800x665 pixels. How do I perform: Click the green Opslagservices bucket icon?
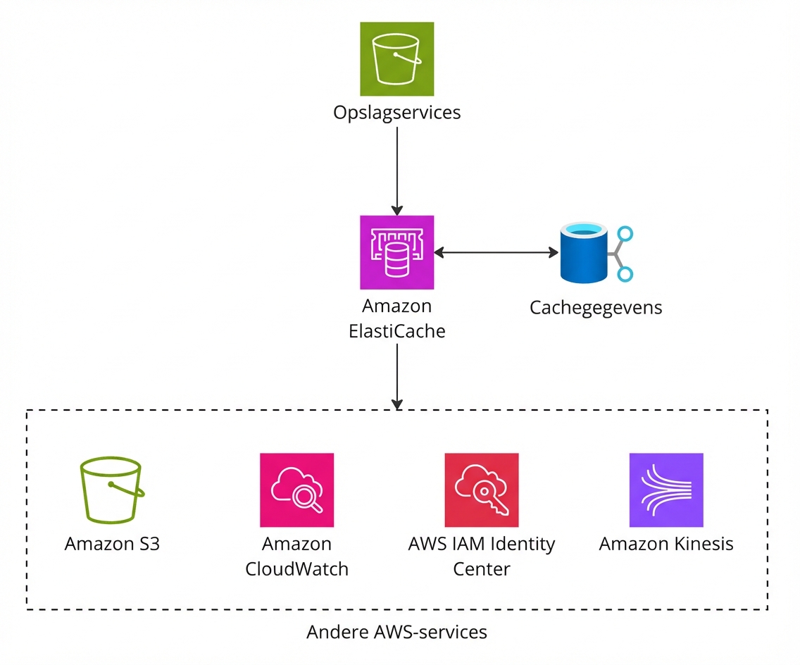pos(397,58)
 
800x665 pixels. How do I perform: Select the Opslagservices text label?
pos(397,113)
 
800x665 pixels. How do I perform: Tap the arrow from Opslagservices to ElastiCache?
pos(397,169)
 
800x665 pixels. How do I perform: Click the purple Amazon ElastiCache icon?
pos(397,252)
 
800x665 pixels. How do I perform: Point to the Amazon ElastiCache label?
pos(397,318)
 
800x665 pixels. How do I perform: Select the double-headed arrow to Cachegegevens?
pos(496,252)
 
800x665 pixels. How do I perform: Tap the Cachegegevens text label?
pos(596,308)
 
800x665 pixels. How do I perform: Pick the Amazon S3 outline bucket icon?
pos(111,490)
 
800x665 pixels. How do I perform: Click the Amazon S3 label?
pos(111,544)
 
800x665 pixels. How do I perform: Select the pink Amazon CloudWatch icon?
pos(296,490)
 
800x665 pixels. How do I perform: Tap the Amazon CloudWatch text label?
pos(296,556)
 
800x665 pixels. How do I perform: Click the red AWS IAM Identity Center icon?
pos(482,490)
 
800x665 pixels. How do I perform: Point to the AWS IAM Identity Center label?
pos(482,556)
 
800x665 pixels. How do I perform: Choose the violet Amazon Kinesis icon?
pos(666,490)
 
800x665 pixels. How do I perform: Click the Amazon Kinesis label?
pos(666,544)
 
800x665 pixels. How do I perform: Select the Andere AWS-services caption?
pos(397,632)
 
